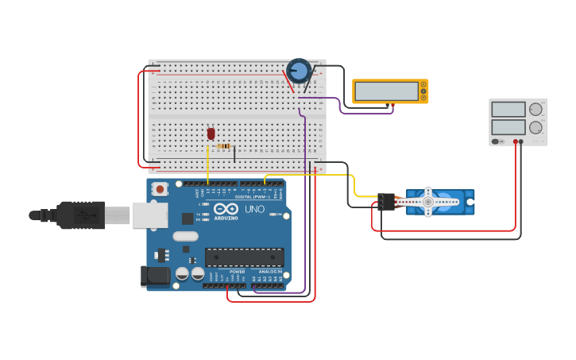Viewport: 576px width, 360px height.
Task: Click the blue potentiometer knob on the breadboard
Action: (x=299, y=72)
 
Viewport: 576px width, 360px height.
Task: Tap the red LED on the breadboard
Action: (x=211, y=134)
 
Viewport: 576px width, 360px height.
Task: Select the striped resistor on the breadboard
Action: (x=224, y=146)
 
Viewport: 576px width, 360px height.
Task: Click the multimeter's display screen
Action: (x=387, y=91)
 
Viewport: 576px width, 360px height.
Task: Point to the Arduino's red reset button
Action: (x=160, y=189)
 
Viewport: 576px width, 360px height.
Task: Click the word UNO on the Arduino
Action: (x=254, y=209)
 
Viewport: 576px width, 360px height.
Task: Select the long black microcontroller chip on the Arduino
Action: (x=244, y=257)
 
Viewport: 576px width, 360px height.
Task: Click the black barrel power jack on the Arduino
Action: (x=155, y=276)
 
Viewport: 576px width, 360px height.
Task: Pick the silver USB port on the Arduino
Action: (x=149, y=215)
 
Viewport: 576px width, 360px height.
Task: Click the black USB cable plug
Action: (x=79, y=215)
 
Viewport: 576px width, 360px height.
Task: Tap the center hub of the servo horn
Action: (x=428, y=202)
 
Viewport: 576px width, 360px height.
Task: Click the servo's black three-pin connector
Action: (x=387, y=202)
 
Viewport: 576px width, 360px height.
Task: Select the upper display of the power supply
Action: (x=508, y=110)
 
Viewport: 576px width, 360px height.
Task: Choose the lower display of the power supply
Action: (x=508, y=127)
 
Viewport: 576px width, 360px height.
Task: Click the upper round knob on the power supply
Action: (x=536, y=110)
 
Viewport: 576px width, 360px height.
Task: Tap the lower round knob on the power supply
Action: (x=536, y=127)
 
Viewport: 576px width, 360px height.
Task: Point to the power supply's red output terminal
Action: (x=516, y=141)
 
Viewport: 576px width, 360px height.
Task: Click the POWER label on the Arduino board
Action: (x=238, y=271)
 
